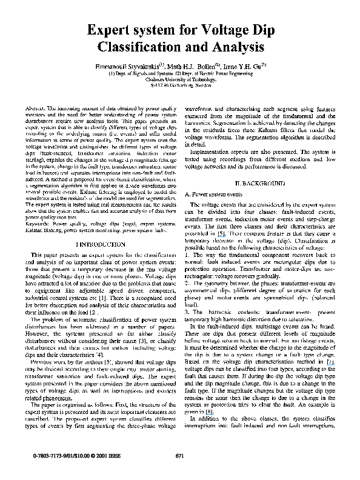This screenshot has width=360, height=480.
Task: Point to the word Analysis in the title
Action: click(236, 46)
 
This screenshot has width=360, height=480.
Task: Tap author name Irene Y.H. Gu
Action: click(241, 65)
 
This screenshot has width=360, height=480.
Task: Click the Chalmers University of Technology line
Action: click(179, 79)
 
